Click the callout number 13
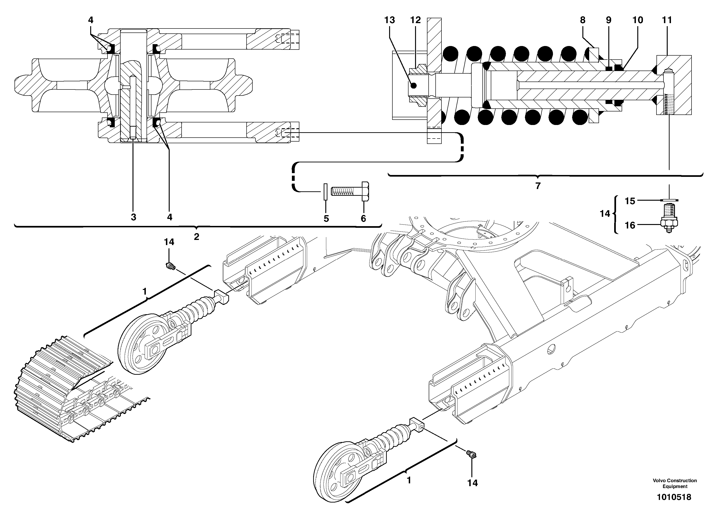(x=390, y=20)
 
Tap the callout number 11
(x=667, y=20)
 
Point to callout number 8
(x=582, y=20)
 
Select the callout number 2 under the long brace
(x=196, y=237)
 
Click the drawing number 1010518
(x=674, y=497)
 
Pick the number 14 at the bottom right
(x=472, y=483)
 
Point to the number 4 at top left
(x=90, y=20)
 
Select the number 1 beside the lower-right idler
(x=409, y=480)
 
